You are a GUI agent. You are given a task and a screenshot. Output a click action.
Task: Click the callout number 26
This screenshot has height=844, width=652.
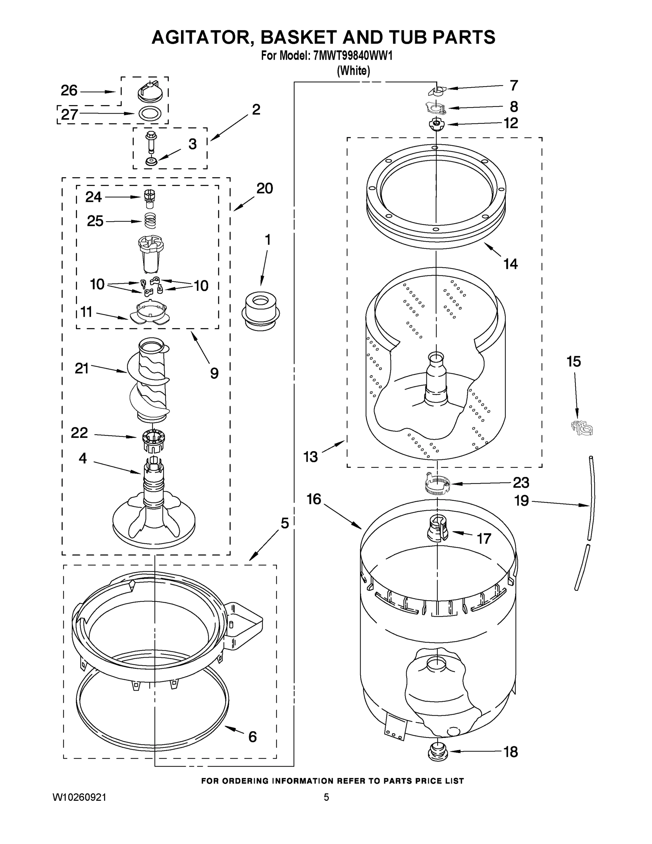pos(69,90)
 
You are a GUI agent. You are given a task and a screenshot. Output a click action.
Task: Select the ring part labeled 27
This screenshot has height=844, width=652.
pos(150,114)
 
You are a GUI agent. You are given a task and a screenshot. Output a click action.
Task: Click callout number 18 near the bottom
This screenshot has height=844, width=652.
pos(511,752)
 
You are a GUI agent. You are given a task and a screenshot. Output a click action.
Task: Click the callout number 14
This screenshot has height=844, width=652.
pos(510,264)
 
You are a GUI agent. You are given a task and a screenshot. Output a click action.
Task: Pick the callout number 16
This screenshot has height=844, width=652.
pos(314,499)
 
